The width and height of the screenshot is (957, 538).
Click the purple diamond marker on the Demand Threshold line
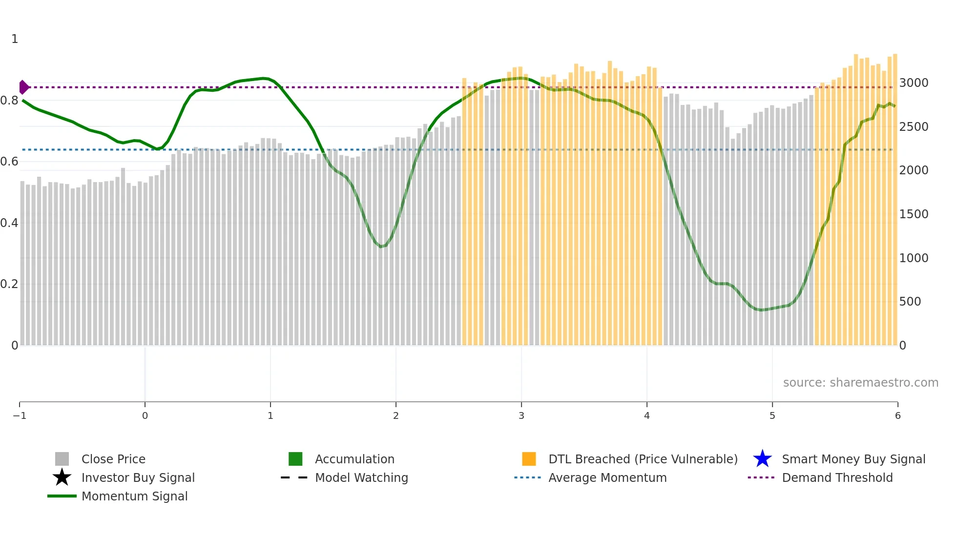pyautogui.click(x=23, y=87)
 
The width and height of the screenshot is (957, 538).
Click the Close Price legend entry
pyautogui.click(x=113, y=459)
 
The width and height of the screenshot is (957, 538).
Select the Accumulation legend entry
pyautogui.click(x=354, y=459)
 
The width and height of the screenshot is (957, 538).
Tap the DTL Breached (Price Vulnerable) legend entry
pyautogui.click(x=643, y=459)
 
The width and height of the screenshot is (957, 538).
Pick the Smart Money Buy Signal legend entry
pyautogui.click(x=853, y=459)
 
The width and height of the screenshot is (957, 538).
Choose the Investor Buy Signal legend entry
pyautogui.click(x=138, y=477)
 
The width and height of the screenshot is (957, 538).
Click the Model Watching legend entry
pyautogui.click(x=361, y=477)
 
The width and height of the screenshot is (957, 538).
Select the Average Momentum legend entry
pyautogui.click(x=607, y=477)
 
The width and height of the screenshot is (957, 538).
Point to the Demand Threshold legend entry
pyautogui.click(x=837, y=477)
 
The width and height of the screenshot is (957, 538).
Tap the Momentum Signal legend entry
pyautogui.click(x=134, y=496)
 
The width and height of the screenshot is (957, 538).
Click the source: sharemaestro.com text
pyautogui.click(x=860, y=382)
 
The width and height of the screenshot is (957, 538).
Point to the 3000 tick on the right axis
pyautogui.click(x=914, y=83)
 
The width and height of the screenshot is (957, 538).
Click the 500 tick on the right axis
pyautogui.click(x=910, y=302)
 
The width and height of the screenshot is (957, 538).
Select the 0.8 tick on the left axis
pyautogui.click(x=9, y=101)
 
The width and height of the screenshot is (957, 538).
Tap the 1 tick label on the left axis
pyautogui.click(x=15, y=39)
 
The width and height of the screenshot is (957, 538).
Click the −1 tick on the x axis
pyautogui.click(x=20, y=415)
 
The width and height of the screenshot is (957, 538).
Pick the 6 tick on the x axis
pyautogui.click(x=897, y=415)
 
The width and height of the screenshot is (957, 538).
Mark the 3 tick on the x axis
pyautogui.click(x=521, y=415)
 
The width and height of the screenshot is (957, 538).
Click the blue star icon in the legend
pyautogui.click(x=762, y=459)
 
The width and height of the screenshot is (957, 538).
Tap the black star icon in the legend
pyautogui.click(x=62, y=477)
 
